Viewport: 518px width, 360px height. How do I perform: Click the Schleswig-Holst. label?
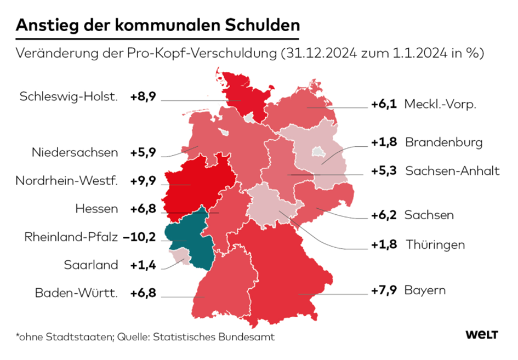point(69,97)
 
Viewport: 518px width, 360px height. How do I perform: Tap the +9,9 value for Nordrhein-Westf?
point(144,180)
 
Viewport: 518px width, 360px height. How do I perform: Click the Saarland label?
point(91,265)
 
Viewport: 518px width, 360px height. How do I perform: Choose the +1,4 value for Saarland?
point(144,265)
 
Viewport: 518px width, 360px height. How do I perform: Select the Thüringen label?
point(436,244)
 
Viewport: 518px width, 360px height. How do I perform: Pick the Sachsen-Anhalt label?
point(452,171)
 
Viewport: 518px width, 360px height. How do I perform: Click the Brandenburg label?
point(444,142)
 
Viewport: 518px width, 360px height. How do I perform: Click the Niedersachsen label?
point(75,152)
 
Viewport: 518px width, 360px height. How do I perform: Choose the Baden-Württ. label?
point(76,293)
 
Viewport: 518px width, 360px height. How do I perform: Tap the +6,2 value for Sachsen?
point(383,215)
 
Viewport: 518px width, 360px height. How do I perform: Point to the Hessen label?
point(97,209)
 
